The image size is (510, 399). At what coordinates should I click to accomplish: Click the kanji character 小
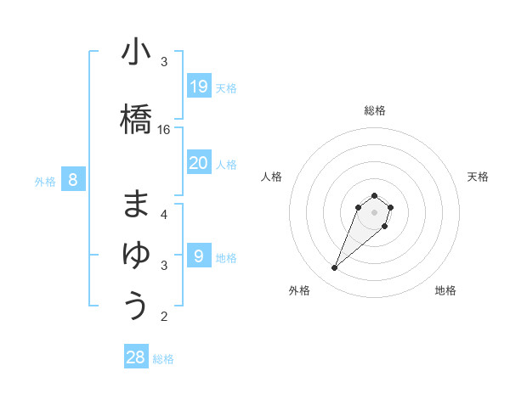coord(136,53)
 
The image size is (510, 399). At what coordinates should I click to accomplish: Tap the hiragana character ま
coord(136,205)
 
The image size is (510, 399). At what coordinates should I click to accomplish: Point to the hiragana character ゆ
coord(136,254)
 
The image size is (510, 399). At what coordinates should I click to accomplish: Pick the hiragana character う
coord(136,304)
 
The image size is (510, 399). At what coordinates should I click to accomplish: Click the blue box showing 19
coord(199,86)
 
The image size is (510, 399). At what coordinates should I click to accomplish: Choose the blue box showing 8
coord(73,179)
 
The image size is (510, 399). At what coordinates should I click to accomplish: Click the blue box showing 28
coord(136,357)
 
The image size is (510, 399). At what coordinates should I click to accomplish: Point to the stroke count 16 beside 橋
coord(164,130)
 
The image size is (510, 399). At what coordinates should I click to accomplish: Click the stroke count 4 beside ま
coord(164,214)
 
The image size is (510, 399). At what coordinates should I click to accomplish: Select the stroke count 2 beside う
coord(164,317)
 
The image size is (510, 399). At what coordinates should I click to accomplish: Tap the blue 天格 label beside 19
coord(226,87)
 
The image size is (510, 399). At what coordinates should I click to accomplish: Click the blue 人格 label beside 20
coord(226,164)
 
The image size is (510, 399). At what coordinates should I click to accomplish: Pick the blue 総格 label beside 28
coord(163,359)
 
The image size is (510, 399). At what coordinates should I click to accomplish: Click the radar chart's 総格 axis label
coord(375,110)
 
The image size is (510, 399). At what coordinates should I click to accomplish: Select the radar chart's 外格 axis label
coord(299,290)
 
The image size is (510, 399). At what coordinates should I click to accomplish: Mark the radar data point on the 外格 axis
coord(335,268)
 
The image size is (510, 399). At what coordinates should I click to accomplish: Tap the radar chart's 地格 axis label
coord(445,290)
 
